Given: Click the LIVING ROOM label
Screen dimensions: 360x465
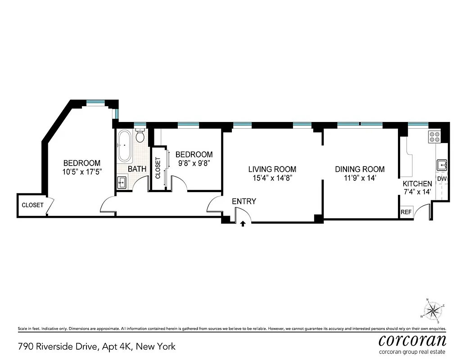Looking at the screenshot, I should pyautogui.click(x=272, y=170).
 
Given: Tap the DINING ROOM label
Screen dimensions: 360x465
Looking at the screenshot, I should pyautogui.click(x=360, y=170).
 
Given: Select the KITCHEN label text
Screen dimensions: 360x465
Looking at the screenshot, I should pyautogui.click(x=417, y=184).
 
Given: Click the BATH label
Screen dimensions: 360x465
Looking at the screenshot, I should pyautogui.click(x=137, y=169).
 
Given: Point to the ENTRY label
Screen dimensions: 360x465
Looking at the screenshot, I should pyautogui.click(x=244, y=202).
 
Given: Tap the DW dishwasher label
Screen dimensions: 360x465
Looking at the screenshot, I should pyautogui.click(x=442, y=179).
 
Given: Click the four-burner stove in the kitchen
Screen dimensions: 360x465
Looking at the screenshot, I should pyautogui.click(x=435, y=136).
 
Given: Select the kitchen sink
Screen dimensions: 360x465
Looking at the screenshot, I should pyautogui.click(x=442, y=165).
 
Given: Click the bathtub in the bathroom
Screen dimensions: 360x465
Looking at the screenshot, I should pyautogui.click(x=125, y=145).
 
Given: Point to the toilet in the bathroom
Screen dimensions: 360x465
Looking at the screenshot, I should pyautogui.click(x=140, y=135).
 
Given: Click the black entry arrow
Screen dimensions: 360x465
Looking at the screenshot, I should pyautogui.click(x=243, y=223).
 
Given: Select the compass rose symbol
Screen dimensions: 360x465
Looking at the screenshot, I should pyautogui.click(x=433, y=309).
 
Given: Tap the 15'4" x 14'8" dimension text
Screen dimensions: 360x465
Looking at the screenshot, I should pyautogui.click(x=272, y=178).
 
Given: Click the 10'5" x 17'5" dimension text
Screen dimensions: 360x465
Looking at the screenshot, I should pyautogui.click(x=81, y=171).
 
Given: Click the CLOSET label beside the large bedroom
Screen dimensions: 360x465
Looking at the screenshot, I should pyautogui.click(x=32, y=205).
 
